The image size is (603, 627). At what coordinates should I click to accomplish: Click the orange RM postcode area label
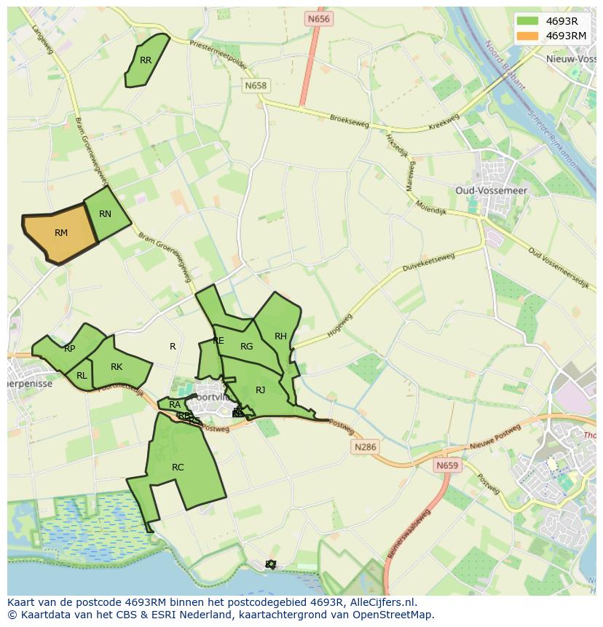(61, 233)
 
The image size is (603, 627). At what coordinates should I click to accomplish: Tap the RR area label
(146, 60)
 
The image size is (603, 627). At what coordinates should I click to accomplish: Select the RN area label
(105, 214)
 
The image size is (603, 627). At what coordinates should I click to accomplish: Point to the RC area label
(178, 468)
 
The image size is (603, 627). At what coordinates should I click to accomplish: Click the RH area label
(280, 336)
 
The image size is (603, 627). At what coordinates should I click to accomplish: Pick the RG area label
(247, 347)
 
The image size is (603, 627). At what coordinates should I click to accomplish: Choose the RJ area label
(260, 390)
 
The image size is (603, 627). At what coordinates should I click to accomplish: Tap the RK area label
(117, 367)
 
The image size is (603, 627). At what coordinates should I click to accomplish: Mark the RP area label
(70, 349)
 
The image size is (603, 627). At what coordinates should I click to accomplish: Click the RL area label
(82, 376)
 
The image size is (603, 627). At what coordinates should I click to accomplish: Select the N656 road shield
(318, 19)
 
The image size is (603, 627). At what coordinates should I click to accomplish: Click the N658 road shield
(256, 86)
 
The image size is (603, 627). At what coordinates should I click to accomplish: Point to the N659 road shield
(448, 465)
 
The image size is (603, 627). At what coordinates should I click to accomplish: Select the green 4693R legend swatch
(527, 21)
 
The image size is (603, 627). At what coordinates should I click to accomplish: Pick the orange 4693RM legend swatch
(527, 36)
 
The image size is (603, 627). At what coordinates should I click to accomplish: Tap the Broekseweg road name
(350, 121)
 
